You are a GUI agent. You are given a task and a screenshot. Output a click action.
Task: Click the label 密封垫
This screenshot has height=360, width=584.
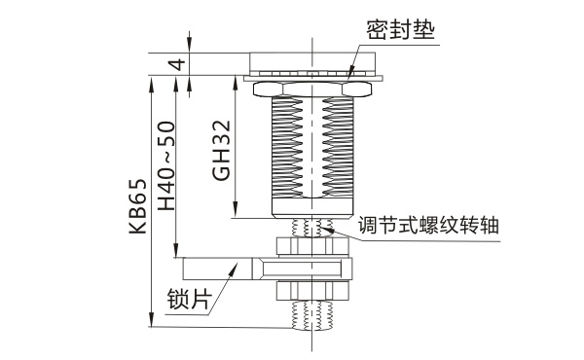[400, 30]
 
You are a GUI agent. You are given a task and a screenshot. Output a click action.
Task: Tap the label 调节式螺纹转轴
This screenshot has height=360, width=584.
[428, 225]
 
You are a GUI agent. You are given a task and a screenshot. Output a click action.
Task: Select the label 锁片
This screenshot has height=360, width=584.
[189, 299]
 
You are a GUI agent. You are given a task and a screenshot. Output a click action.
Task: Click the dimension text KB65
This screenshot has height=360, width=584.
[138, 206]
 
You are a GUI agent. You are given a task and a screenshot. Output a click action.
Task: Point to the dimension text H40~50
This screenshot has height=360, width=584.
[166, 165]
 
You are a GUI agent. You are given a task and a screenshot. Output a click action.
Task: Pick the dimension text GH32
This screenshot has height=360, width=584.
[222, 150]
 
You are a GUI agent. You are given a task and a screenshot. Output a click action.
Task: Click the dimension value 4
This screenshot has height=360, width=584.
[178, 64]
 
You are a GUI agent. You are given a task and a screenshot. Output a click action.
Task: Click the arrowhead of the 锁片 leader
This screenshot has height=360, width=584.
[234, 269]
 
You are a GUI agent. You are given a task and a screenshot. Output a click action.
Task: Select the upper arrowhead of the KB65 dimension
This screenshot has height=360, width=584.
[151, 84]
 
